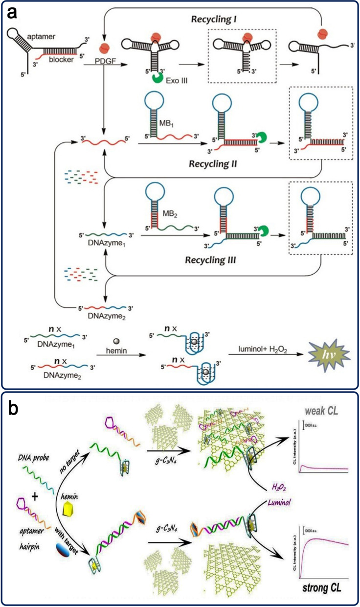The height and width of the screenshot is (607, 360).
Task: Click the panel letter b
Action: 15,436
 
